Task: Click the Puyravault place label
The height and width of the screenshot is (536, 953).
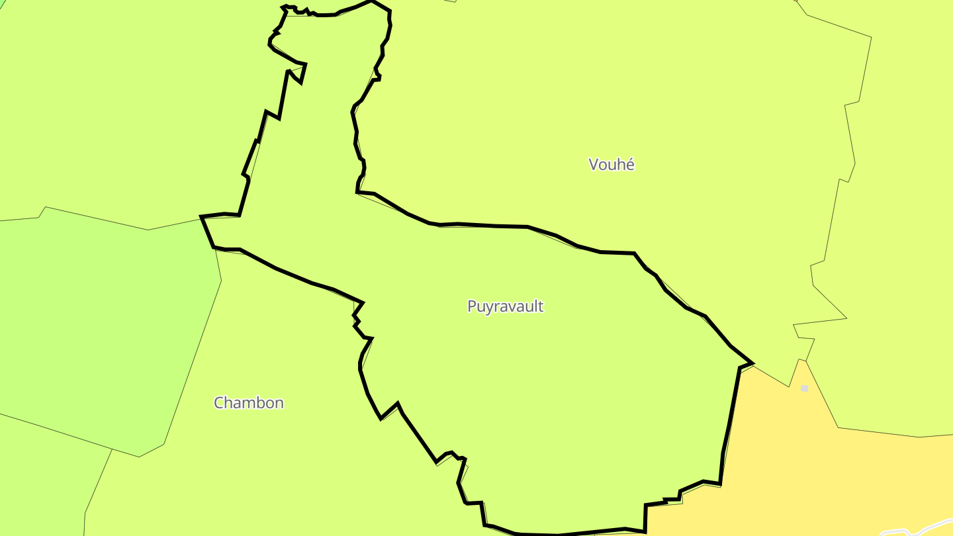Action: point(505,306)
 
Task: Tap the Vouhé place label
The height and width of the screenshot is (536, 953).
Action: point(612,165)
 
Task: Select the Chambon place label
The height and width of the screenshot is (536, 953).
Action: point(249,403)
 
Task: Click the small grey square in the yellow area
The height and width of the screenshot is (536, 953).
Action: point(804,388)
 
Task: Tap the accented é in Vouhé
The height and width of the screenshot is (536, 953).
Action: point(629,165)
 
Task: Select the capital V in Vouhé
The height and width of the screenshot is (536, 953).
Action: point(594,165)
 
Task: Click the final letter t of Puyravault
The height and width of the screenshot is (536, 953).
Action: point(541,306)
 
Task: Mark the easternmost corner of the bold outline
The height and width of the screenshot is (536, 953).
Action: point(752,363)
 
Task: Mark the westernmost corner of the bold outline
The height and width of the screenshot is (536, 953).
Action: point(201,216)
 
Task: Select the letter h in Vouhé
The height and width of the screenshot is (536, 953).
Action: point(619,165)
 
